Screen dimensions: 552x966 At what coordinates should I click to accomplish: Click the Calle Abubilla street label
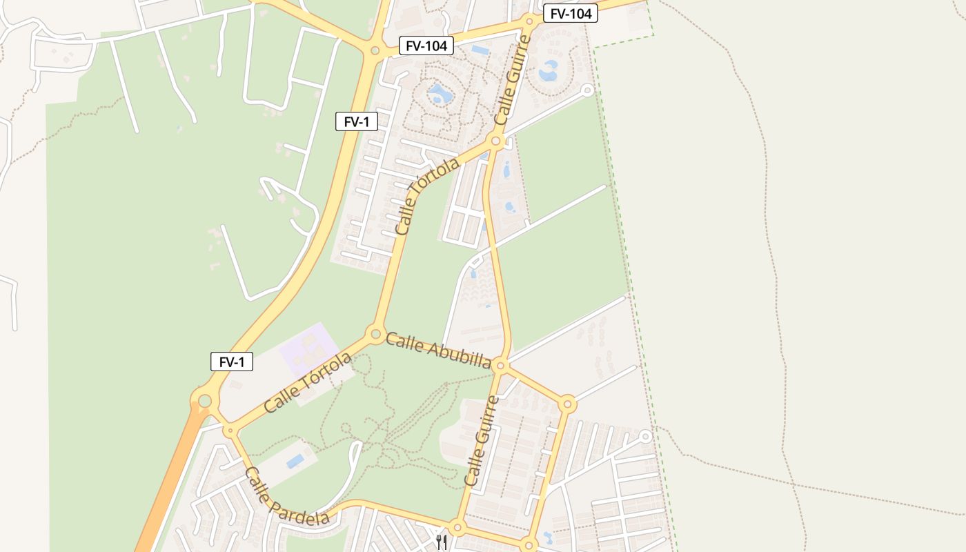[x=438, y=351]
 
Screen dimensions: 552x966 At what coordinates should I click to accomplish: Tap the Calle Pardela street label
[x=286, y=497]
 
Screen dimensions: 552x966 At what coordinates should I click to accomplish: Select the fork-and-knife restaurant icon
[x=442, y=542]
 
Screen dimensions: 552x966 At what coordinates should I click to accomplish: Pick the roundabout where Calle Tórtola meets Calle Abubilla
[x=375, y=335]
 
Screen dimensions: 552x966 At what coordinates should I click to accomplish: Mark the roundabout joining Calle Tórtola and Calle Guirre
[x=495, y=141]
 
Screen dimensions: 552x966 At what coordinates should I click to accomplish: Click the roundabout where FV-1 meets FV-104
[x=375, y=50]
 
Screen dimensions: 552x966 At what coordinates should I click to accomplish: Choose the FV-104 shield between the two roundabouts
[x=426, y=46]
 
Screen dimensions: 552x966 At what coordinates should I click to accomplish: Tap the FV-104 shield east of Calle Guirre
[x=570, y=13]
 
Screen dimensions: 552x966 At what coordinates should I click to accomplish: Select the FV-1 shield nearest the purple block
[x=232, y=362]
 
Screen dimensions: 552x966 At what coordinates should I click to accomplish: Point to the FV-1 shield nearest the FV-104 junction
[x=357, y=122]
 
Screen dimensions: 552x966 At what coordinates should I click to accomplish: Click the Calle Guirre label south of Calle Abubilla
[x=482, y=440]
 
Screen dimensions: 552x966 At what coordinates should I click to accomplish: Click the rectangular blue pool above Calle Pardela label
[x=295, y=460]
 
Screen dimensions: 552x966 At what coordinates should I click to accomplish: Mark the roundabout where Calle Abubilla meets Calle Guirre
[x=501, y=365]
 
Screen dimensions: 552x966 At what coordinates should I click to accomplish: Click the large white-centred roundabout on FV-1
[x=205, y=401]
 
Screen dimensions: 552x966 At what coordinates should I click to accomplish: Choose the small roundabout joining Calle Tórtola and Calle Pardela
[x=230, y=431]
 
